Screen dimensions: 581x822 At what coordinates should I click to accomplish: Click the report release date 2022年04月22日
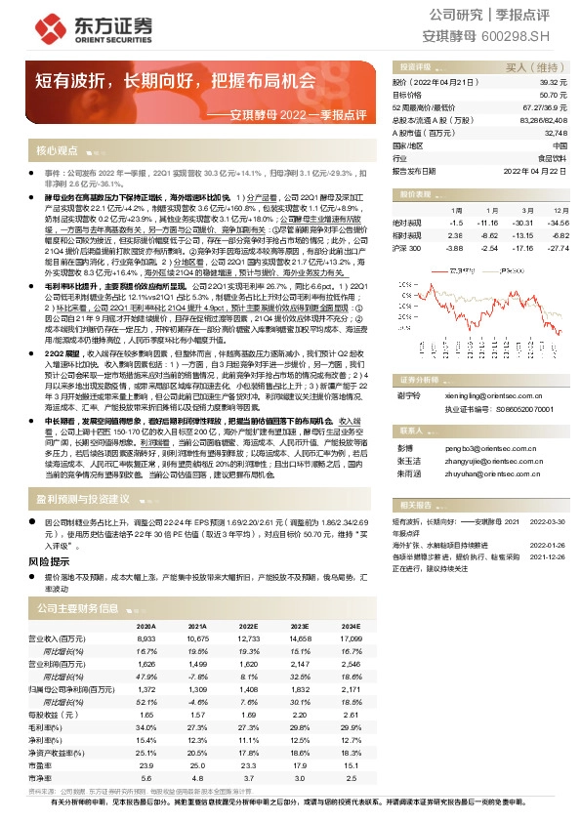[535, 170]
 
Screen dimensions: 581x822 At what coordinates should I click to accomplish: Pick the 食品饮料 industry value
[553, 157]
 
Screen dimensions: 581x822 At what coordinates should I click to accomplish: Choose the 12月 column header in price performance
[560, 210]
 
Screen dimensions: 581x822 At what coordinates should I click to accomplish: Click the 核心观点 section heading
[57, 152]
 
